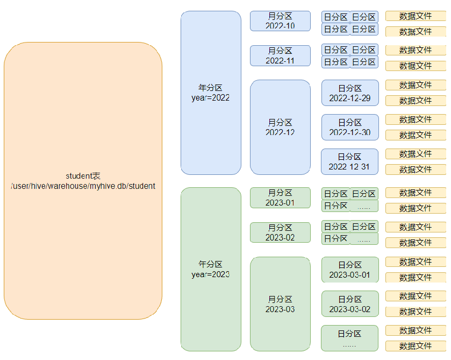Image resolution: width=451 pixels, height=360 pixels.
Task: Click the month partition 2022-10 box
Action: (x=280, y=21)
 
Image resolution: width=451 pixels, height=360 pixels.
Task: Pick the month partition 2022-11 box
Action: (x=280, y=55)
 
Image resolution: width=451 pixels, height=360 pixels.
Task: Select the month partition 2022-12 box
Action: (x=280, y=127)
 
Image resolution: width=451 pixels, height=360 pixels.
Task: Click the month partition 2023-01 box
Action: (x=280, y=197)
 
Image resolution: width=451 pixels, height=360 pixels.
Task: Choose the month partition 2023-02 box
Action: (x=280, y=232)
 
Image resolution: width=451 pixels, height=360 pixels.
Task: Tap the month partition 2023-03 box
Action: (x=280, y=304)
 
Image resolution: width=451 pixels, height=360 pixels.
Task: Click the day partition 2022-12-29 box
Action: (x=350, y=93)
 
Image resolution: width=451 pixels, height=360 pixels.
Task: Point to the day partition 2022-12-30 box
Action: (x=350, y=127)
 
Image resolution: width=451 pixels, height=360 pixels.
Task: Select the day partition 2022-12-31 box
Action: (x=350, y=161)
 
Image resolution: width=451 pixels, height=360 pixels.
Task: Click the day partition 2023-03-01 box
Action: (x=350, y=270)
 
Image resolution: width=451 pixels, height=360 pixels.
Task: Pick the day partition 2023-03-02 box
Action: (x=350, y=304)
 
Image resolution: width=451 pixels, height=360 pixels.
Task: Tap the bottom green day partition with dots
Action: (x=350, y=338)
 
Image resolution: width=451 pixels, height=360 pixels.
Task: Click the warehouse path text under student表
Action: (x=83, y=186)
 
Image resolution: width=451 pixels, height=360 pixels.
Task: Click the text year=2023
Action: (x=211, y=274)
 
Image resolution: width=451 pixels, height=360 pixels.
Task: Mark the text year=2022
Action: (x=211, y=98)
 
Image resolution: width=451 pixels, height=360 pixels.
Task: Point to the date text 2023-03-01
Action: (x=350, y=275)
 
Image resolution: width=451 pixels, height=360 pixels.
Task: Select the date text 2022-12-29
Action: (x=350, y=98)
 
